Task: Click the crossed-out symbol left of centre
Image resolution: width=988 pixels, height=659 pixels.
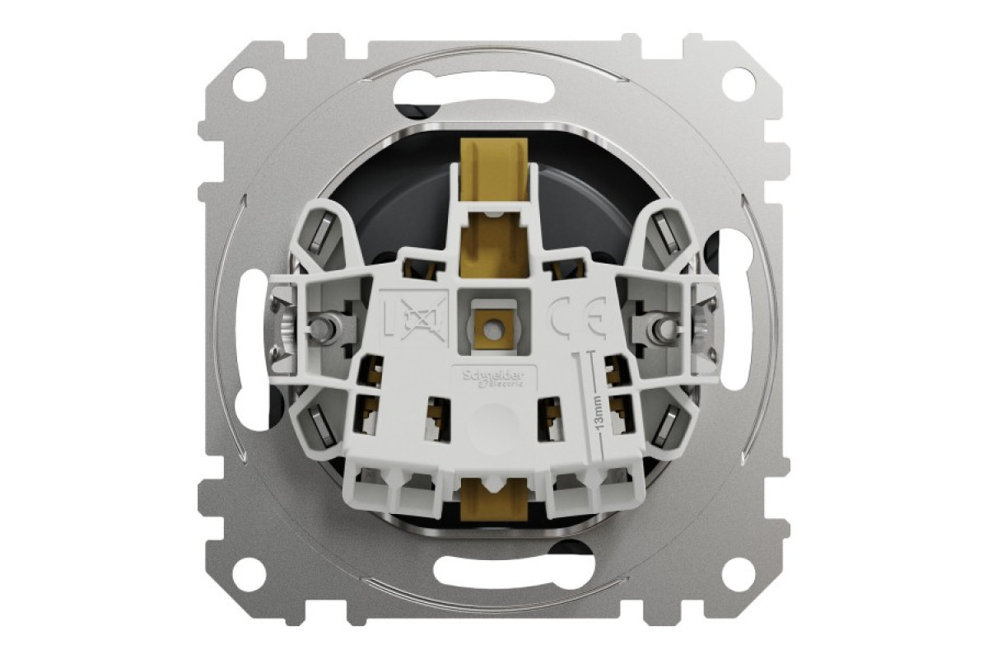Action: click(x=417, y=315)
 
